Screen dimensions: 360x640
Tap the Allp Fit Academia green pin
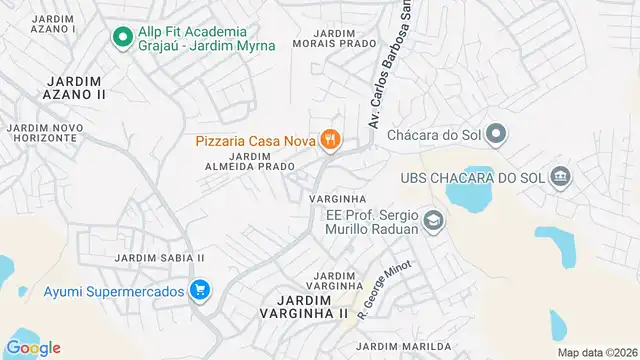[x=122, y=38]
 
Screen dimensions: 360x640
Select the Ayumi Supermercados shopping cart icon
[x=200, y=291]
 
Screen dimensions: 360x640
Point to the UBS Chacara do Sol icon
[x=562, y=177]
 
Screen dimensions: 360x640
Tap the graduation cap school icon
[x=433, y=220]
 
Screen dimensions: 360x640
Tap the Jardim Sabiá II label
[x=159, y=257]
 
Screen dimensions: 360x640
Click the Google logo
[x=33, y=347]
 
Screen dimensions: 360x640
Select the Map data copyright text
[x=597, y=352]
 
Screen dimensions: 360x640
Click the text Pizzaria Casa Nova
[x=254, y=141]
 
